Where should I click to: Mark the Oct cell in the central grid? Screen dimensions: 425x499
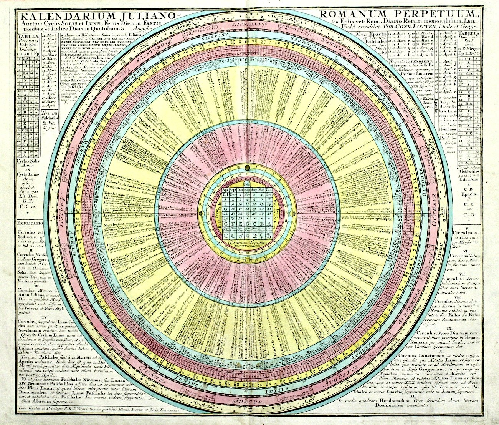point(268,195)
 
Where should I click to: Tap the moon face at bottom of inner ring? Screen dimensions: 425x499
point(246,261)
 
